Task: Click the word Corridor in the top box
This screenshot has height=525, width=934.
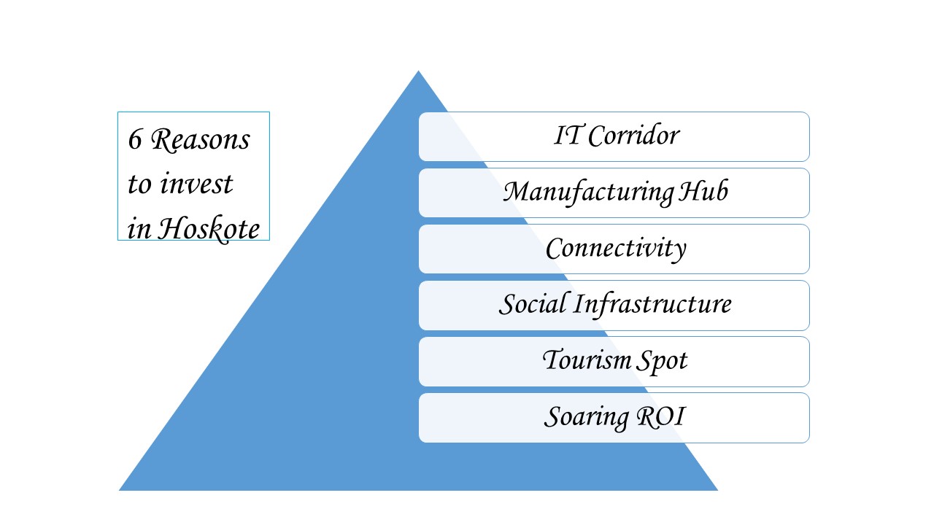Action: pos(634,136)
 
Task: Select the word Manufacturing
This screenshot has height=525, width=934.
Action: pos(589,192)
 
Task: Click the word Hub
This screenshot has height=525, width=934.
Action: pos(704,191)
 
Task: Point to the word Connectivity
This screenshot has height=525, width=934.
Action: pos(616,249)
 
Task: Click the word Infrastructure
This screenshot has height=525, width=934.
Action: pos(652,304)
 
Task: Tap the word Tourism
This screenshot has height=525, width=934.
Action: pos(587,359)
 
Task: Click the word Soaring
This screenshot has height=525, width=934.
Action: pos(587,417)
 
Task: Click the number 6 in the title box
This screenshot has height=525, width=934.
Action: pos(135,139)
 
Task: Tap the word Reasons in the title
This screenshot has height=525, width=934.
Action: pos(200,139)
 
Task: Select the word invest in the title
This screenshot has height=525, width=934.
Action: pos(196,183)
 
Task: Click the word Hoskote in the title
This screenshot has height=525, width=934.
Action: pos(209,228)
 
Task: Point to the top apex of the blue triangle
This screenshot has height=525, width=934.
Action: pos(419,71)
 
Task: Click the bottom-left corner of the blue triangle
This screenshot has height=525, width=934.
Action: pos(119,491)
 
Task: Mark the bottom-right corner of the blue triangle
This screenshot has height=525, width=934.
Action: pos(717,491)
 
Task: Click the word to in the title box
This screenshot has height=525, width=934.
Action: pos(139,184)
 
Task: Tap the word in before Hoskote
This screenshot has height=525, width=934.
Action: pos(139,230)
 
